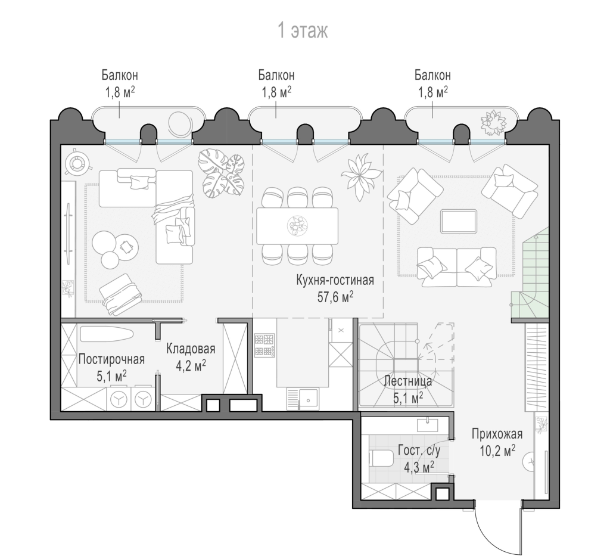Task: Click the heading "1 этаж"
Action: (303, 31)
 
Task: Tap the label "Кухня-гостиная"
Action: (335, 280)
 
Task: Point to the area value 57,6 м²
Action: (335, 297)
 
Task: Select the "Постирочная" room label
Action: (111, 359)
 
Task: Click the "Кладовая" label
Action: (191, 349)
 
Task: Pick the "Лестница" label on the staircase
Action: (407, 381)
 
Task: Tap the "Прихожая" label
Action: (497, 433)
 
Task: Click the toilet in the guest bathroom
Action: (383, 458)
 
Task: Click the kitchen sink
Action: (302, 399)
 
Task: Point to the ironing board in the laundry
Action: (107, 334)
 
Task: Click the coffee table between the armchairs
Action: (459, 221)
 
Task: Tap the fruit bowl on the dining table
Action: (297, 225)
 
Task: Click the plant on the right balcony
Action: (493, 121)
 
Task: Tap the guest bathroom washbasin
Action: (428, 424)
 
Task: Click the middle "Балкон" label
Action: (276, 74)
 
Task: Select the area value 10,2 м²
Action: (497, 451)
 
